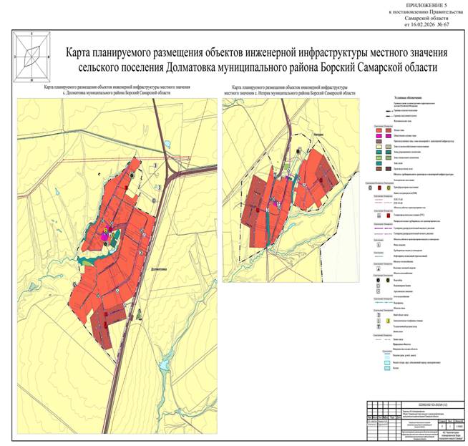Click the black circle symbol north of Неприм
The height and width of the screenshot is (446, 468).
pos(299,150)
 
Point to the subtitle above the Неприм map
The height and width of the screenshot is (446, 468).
pos(290,91)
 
